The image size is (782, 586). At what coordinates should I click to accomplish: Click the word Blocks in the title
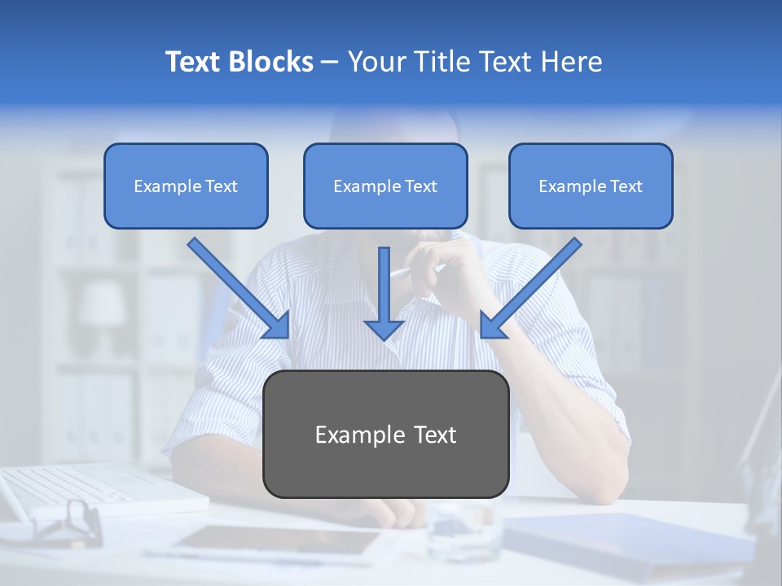[x=272, y=62]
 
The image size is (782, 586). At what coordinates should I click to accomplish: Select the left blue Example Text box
[x=186, y=186]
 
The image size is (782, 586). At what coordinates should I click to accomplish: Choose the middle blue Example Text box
[x=385, y=186]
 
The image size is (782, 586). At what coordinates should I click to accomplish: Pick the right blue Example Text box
[x=591, y=186]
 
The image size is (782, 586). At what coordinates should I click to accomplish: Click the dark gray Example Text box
[x=385, y=435]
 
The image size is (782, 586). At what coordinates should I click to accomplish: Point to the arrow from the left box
[x=238, y=287]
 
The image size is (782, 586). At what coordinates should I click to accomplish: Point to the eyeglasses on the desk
[x=69, y=521]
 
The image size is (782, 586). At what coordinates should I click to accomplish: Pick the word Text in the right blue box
[x=626, y=186]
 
